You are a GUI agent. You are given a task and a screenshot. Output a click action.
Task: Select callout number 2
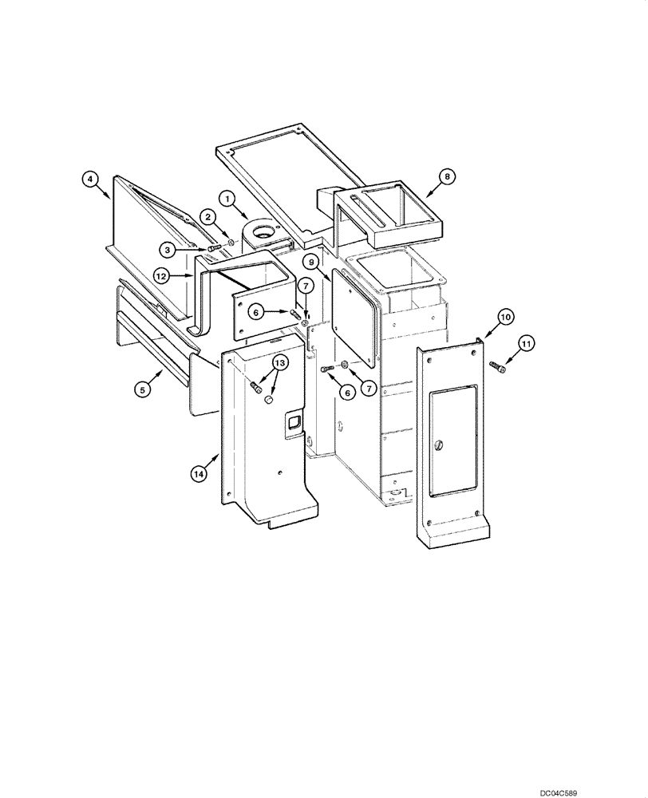pos(206,216)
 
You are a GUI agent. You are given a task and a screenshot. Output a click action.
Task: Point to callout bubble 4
pos(92,180)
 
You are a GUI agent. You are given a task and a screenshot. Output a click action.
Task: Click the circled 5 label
pos(142,389)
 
